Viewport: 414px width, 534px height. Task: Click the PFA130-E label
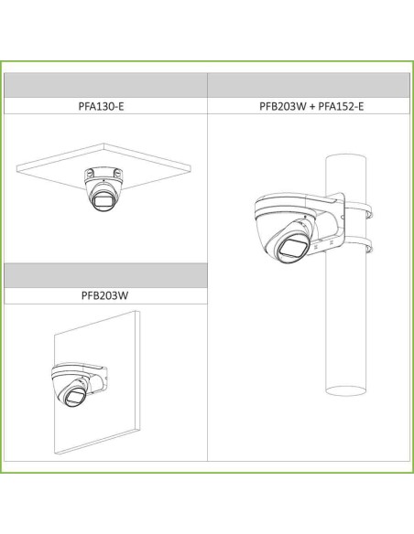pos(102,106)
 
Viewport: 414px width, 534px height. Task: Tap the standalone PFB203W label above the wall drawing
pos(104,295)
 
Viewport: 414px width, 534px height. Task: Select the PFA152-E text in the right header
pos(341,106)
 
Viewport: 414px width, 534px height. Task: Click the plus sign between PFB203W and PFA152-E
pos(312,107)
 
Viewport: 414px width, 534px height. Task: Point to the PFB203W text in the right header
pos(283,106)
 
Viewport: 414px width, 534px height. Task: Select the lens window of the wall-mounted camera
pos(75,396)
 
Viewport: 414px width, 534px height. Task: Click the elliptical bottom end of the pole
pos(346,390)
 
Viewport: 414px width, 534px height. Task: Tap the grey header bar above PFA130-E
pos(105,85)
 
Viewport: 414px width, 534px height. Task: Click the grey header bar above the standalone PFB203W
pos(105,275)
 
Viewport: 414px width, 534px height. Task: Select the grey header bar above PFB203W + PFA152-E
pos(309,85)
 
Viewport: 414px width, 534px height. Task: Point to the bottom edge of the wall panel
pos(97,442)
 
